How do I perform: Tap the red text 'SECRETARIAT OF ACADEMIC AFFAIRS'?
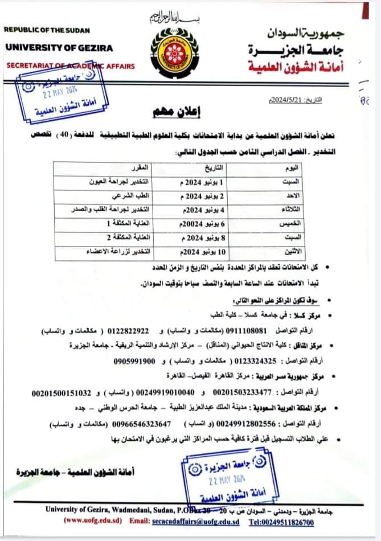click(x=71, y=66)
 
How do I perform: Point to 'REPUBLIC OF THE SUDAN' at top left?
click(x=47, y=30)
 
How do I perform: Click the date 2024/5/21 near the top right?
click(x=296, y=100)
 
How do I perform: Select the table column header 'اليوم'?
click(x=290, y=170)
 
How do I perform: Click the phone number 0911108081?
click(x=247, y=330)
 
